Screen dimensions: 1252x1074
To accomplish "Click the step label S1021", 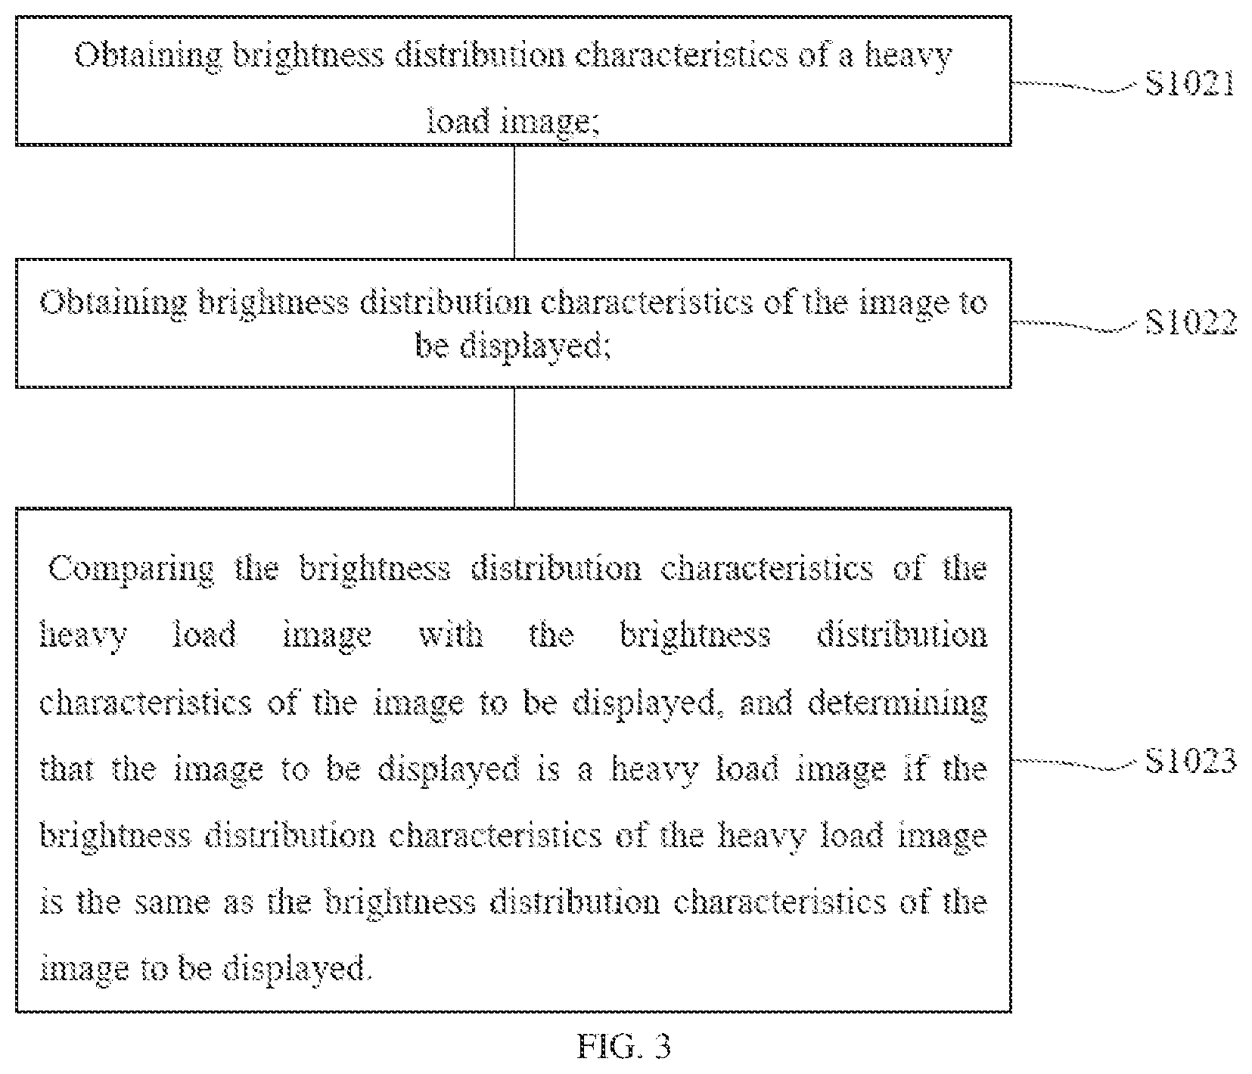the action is pyautogui.click(x=1190, y=82).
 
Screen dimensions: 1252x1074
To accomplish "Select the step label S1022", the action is pyautogui.click(x=1191, y=322).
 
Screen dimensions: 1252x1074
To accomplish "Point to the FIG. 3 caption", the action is pyautogui.click(x=624, y=1047).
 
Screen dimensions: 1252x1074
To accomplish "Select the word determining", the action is pyautogui.click(x=897, y=703).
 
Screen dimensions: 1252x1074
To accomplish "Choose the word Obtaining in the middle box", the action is pyautogui.click(x=113, y=304).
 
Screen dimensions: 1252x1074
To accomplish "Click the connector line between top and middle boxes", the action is pyautogui.click(x=514, y=202).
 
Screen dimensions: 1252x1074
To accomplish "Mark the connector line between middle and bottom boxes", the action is pyautogui.click(x=514, y=448).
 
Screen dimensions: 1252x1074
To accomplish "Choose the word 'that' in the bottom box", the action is pyautogui.click(x=67, y=769).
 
